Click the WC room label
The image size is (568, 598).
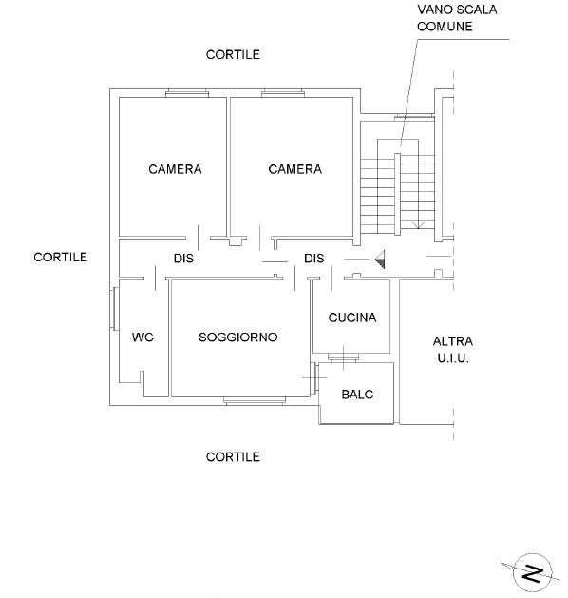point(142,338)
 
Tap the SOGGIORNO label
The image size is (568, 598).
point(238,338)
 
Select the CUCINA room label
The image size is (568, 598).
point(352,318)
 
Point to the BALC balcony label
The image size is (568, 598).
point(357,395)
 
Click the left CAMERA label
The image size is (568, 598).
point(175,169)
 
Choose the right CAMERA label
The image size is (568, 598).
point(294,169)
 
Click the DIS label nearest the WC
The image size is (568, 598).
point(183,259)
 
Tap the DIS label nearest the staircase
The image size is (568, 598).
point(313,259)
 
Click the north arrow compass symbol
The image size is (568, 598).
point(532,573)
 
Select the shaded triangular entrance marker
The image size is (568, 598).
point(381,260)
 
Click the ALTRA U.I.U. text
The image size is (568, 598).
point(453,350)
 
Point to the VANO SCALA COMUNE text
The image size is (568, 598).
point(457,18)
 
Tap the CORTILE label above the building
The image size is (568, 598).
point(233,54)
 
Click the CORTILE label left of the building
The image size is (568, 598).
point(60,257)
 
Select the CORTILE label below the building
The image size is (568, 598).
point(233,457)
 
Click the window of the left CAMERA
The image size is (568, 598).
point(187,93)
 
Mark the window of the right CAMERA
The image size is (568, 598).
point(283,93)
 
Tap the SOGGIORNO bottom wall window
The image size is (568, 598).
point(255,401)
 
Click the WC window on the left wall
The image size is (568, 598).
point(115,309)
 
